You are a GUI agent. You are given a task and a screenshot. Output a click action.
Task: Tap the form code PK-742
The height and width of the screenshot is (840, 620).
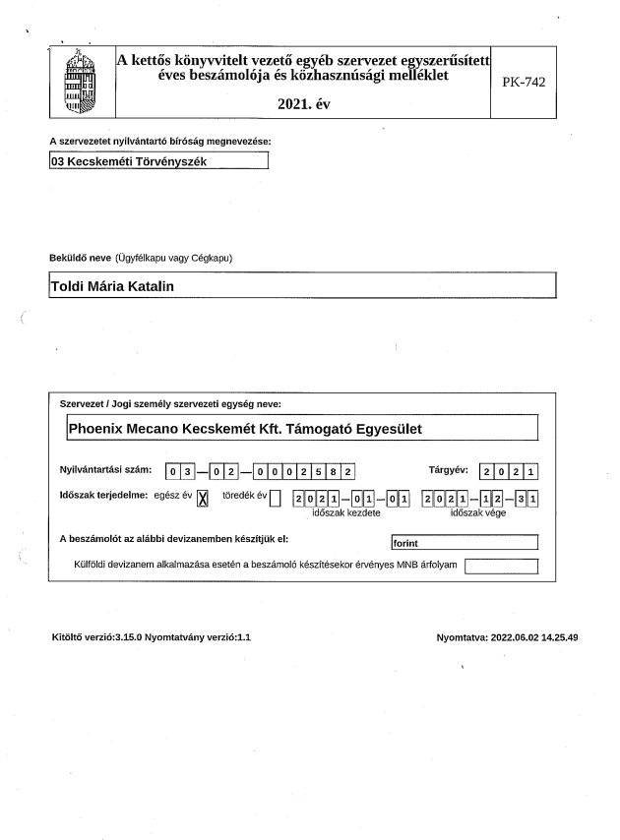[x=524, y=82]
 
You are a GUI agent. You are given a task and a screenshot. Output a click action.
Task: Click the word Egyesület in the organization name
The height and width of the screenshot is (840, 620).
[x=388, y=429]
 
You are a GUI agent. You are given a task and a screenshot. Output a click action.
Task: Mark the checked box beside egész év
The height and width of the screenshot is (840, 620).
[x=204, y=498]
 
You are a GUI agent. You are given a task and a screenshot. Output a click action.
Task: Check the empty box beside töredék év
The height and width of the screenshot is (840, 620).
[x=276, y=498]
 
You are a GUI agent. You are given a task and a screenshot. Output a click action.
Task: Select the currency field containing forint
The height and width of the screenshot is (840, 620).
[x=464, y=542]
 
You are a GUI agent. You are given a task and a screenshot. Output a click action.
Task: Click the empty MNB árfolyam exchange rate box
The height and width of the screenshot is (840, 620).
[x=502, y=565]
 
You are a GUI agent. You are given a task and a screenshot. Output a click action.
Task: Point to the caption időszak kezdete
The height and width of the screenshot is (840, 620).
[x=346, y=512]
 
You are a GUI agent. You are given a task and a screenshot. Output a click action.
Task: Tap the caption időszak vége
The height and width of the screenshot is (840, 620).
[x=477, y=512]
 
